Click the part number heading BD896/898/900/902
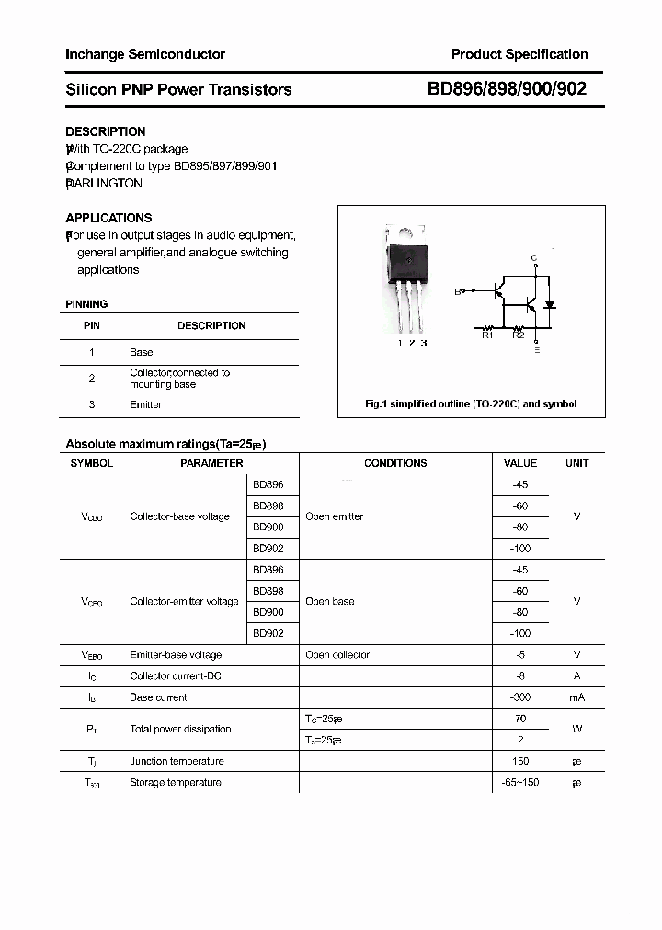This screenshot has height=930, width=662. [x=507, y=89]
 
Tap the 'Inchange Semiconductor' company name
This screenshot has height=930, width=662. [x=145, y=54]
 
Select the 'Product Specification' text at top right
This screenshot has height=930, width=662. [x=519, y=54]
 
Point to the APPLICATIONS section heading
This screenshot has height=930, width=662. [x=108, y=218]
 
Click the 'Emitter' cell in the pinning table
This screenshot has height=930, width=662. [x=145, y=404]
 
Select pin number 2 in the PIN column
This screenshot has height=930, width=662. [x=92, y=379]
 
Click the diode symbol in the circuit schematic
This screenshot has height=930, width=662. [x=550, y=304]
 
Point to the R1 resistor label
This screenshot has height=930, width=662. [x=487, y=335]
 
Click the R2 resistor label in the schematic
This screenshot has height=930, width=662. [x=519, y=335]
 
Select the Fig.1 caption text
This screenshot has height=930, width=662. [x=471, y=404]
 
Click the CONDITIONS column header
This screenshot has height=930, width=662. [x=395, y=463]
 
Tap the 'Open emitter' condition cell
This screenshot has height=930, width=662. [x=334, y=516]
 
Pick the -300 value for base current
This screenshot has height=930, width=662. [x=520, y=697]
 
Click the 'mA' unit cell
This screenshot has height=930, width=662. [x=576, y=697]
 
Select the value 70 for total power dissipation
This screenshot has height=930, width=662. [x=520, y=719]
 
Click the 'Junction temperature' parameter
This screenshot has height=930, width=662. [x=177, y=761]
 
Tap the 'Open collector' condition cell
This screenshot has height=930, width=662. [x=337, y=655]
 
